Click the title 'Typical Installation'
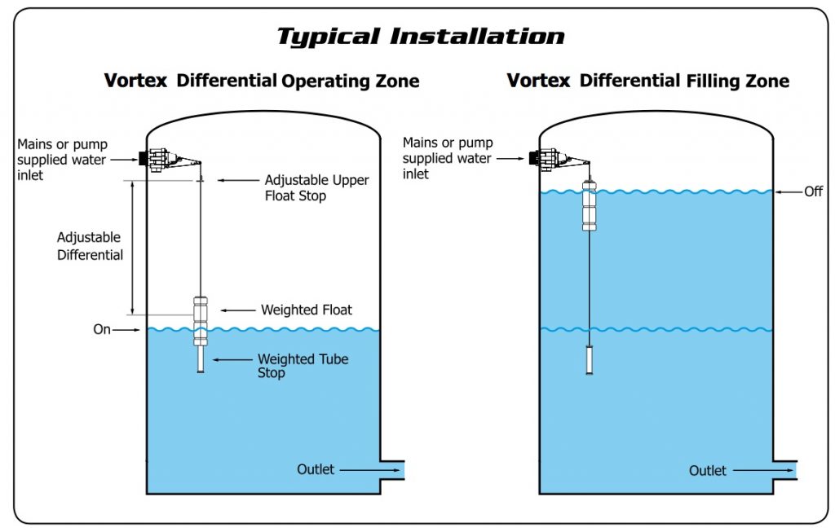pos(420,37)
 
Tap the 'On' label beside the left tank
pos(101,330)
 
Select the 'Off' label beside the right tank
pos(813,191)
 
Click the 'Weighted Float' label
pos(307,310)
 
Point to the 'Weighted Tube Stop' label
pos(303,366)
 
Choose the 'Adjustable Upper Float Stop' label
pos(316,187)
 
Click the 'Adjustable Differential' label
pos(90,246)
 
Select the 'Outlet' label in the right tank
pos(708,470)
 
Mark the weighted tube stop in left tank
pos(200,359)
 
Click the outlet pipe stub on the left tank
pos(392,470)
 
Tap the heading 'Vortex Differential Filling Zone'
pos(648,81)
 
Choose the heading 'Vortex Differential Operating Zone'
pos(262,81)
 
